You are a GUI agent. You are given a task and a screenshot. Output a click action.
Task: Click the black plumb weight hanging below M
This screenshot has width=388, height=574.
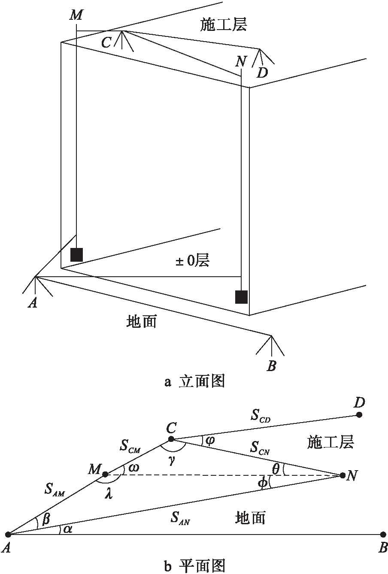(x=76, y=254)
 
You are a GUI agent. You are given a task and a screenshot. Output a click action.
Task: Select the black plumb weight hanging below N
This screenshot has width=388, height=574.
(x=241, y=296)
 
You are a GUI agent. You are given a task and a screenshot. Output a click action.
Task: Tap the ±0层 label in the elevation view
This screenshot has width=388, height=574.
(x=192, y=260)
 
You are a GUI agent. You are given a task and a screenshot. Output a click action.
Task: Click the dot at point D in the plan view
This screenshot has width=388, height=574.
(x=359, y=415)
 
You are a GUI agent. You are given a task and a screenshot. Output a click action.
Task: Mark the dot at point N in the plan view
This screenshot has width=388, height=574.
(x=343, y=475)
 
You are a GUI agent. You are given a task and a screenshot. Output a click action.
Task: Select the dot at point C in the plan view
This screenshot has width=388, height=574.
(x=171, y=439)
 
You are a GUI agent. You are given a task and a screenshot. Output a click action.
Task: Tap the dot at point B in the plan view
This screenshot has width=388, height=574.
(x=383, y=535)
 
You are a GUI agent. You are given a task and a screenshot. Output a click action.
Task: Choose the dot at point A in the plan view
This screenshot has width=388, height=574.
(x=8, y=535)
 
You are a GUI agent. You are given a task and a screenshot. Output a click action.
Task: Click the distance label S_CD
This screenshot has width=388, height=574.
(x=260, y=416)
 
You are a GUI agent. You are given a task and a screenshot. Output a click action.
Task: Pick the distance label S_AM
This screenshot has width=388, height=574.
(x=54, y=489)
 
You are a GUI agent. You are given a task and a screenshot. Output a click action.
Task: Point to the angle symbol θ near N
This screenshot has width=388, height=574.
(x=276, y=469)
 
